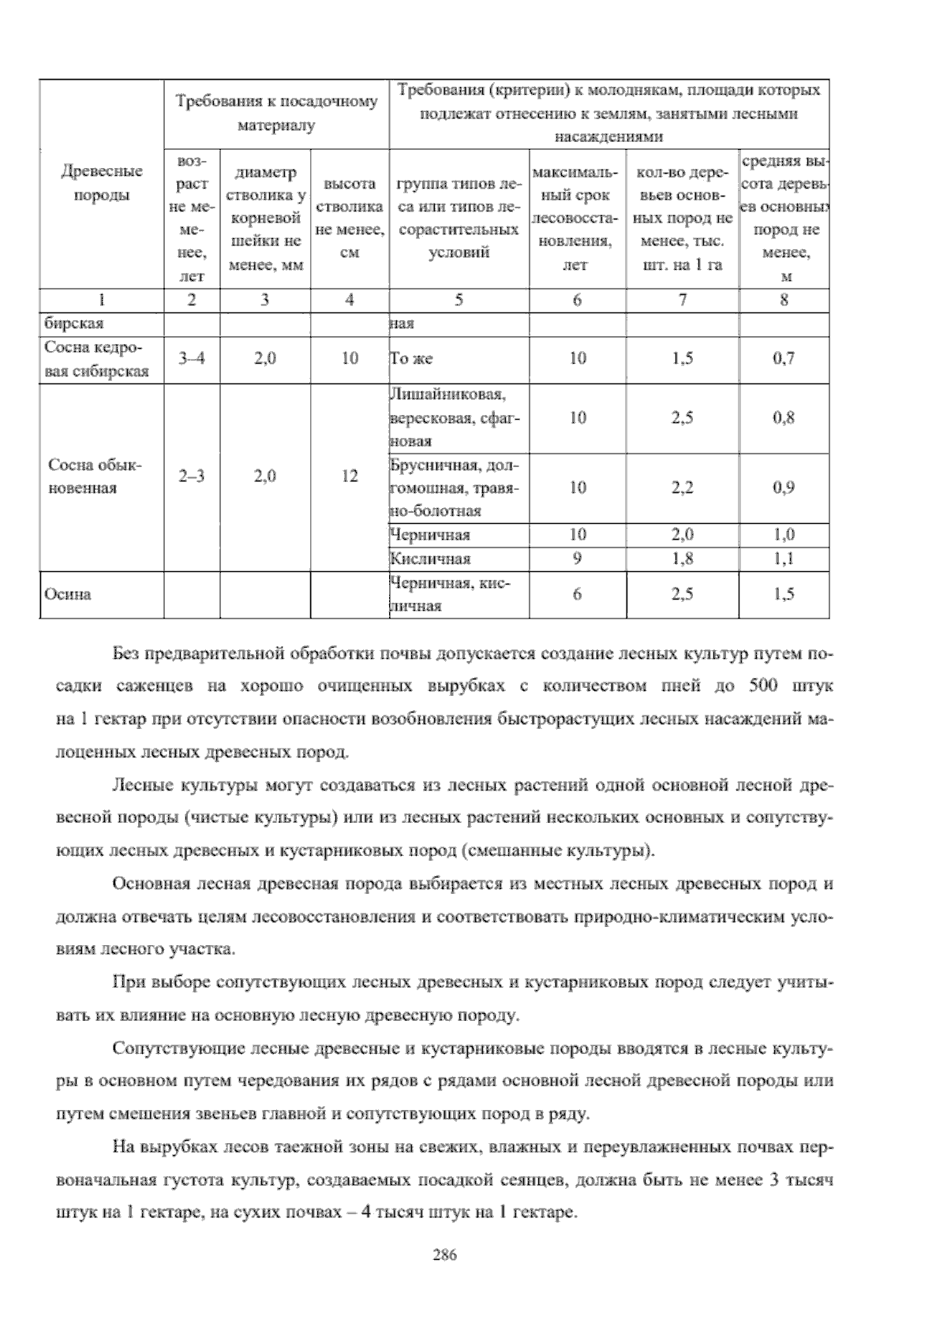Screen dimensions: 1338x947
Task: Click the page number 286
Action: click(445, 1255)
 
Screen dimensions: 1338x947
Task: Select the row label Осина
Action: click(68, 595)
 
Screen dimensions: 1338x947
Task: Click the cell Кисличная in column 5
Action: click(431, 559)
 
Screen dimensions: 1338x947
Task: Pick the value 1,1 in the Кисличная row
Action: click(784, 559)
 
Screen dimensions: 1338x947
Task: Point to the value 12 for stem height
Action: click(350, 477)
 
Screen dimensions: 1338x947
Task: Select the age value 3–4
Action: click(191, 359)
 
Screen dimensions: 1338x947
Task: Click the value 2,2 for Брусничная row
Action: click(682, 488)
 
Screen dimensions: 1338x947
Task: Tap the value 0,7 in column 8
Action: click(784, 359)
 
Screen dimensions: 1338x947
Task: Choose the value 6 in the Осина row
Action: click(577, 595)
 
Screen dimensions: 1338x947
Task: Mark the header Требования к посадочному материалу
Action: click(276, 114)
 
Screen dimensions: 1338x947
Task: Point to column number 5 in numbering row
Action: click(459, 301)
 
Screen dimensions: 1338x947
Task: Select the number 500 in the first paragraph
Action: click(762, 686)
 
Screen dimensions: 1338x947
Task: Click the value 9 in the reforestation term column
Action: click(577, 559)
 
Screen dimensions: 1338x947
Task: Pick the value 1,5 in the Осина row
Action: click(784, 595)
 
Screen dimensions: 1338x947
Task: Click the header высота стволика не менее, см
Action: click(350, 218)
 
